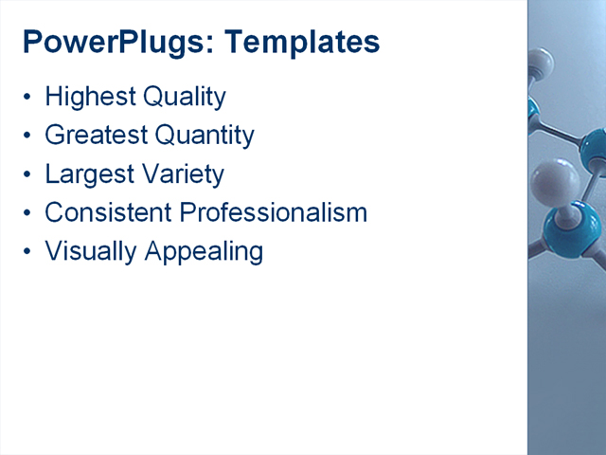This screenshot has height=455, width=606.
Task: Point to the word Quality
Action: coord(184,98)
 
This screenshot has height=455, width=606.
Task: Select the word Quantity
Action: coord(205,136)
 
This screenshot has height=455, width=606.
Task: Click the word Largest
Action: coord(88,175)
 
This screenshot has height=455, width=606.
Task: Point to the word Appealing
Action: coord(204,252)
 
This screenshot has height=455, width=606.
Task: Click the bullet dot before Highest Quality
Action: coord(28,98)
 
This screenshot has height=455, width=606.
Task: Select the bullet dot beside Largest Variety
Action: coord(28,175)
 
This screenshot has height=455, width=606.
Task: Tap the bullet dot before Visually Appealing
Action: coord(28,252)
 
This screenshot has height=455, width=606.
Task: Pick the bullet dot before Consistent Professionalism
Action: coord(28,213)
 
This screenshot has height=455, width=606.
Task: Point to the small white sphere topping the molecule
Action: coord(541,64)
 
